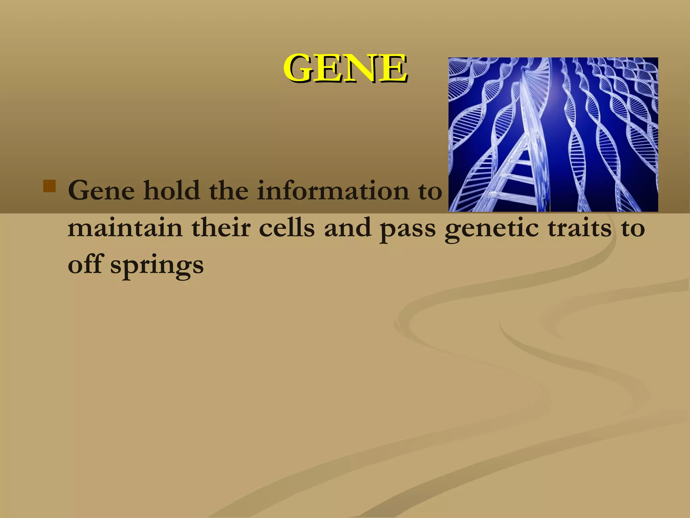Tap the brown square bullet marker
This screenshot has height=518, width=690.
click(50, 186)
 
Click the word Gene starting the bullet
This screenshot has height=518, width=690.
click(101, 191)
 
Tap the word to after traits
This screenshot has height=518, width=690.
click(633, 228)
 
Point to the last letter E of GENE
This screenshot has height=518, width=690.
click(394, 68)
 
